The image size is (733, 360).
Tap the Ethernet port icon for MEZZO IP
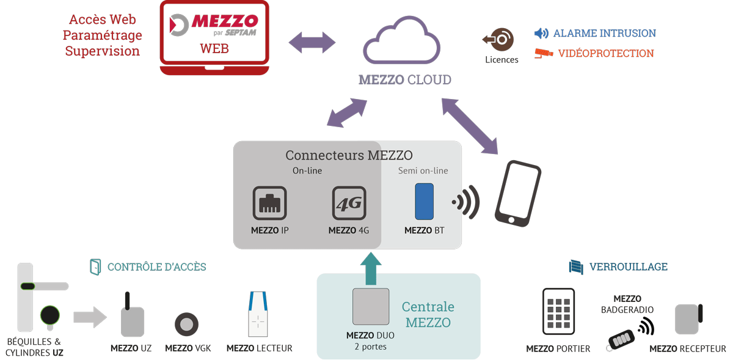[269, 203]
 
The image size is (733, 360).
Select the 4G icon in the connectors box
[349, 203]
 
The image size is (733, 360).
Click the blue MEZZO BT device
[424, 201]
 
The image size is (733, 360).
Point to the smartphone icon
[517, 193]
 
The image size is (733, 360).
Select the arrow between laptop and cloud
[312, 43]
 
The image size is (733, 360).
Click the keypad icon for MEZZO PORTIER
[558, 311]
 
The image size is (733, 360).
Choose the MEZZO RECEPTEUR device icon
[688, 318]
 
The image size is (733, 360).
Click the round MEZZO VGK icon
[186, 324]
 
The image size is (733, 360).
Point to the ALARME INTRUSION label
[604, 33]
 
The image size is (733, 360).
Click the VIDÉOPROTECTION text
[605, 53]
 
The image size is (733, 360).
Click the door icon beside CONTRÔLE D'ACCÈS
[95, 266]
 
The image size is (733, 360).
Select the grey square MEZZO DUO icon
[370, 306]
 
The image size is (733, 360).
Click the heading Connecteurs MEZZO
[349, 155]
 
